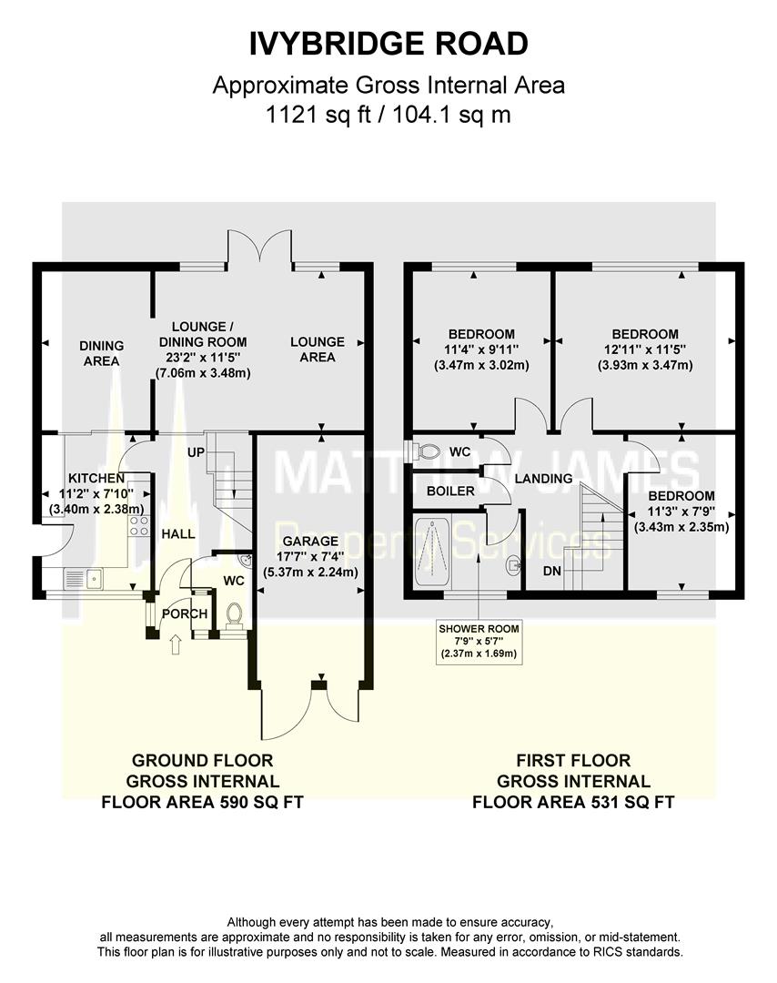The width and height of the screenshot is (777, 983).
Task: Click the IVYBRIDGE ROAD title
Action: coord(388,43)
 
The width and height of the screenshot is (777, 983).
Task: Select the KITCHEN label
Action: coord(96,479)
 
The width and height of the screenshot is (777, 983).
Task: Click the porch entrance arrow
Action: coord(176,645)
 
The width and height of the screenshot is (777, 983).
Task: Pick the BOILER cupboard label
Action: coord(449,491)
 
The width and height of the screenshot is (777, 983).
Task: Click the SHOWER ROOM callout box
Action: coord(479,641)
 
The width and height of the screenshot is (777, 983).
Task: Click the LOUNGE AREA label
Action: coord(318,350)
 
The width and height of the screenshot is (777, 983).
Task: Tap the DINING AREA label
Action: coord(100,353)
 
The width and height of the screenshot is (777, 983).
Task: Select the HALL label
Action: coord(178,533)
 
